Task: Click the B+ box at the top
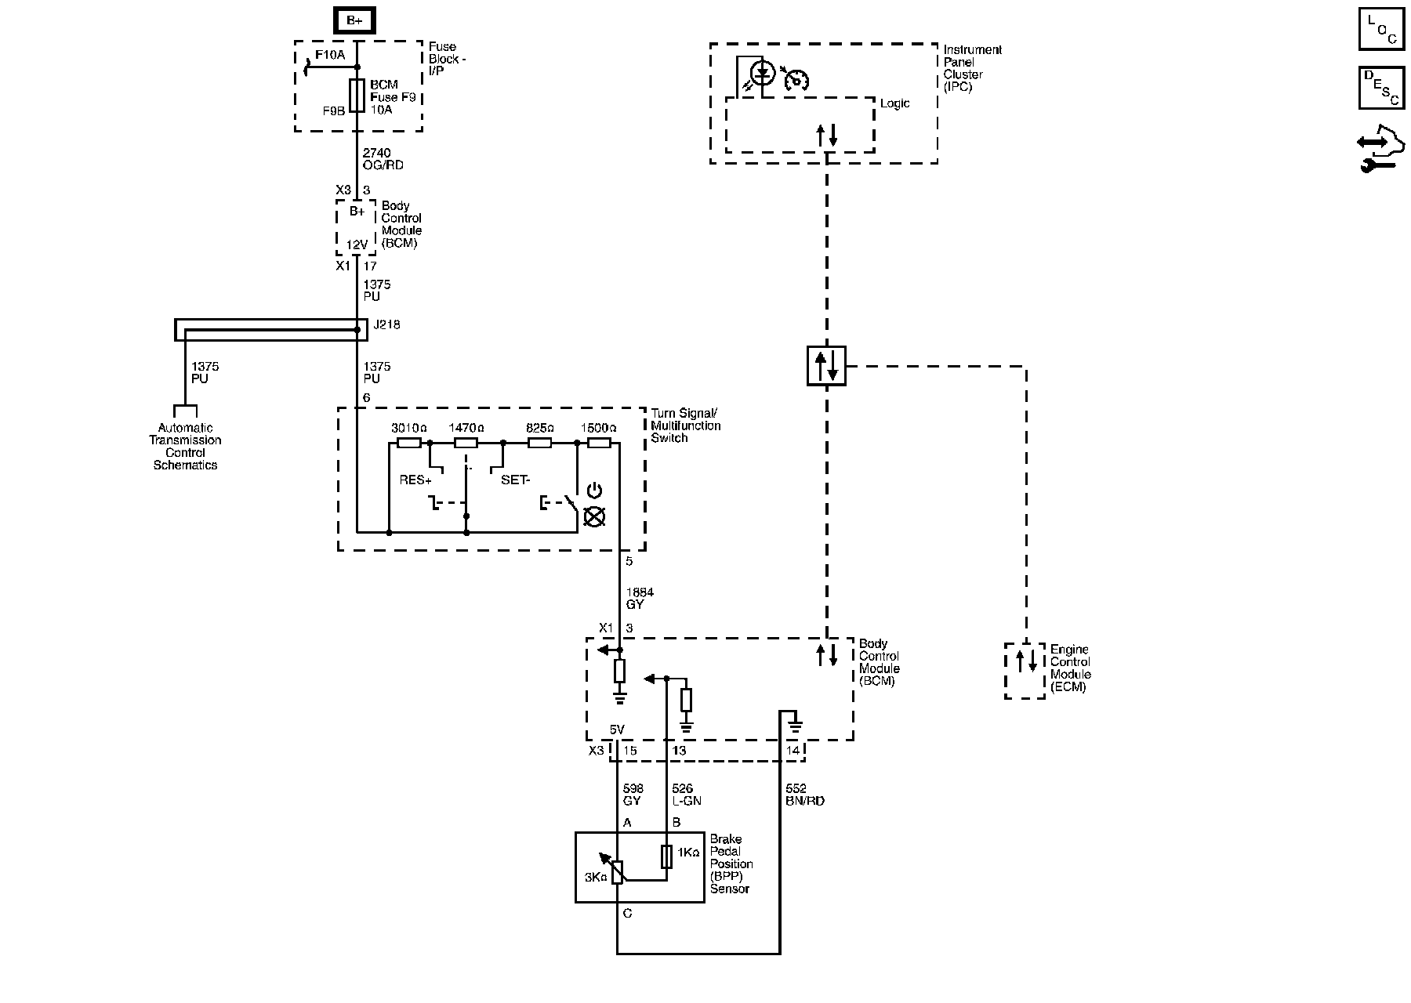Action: pyautogui.click(x=354, y=20)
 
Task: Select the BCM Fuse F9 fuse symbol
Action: pyautogui.click(x=357, y=96)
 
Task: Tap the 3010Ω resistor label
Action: pyautogui.click(x=408, y=429)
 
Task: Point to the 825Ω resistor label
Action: pyautogui.click(x=539, y=429)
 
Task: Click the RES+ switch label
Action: pyautogui.click(x=415, y=480)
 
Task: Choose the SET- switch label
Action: pyautogui.click(x=515, y=480)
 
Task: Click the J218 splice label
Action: pyautogui.click(x=386, y=324)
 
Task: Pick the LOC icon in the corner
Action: pyautogui.click(x=1381, y=29)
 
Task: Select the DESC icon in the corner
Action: pyautogui.click(x=1381, y=87)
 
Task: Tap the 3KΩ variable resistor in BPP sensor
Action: pyautogui.click(x=618, y=872)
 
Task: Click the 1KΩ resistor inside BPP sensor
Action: pyautogui.click(x=666, y=856)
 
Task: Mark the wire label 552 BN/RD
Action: pyautogui.click(x=804, y=795)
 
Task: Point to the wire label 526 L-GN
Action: pyautogui.click(x=687, y=795)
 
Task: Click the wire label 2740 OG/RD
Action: pyautogui.click(x=383, y=159)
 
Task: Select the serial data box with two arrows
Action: pyautogui.click(x=826, y=366)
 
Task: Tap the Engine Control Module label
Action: pyautogui.click(x=1070, y=668)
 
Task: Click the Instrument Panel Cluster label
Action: pyautogui.click(x=972, y=68)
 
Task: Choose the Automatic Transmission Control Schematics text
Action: pyautogui.click(x=186, y=447)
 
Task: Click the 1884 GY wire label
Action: pyautogui.click(x=639, y=599)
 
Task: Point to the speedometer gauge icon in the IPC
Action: pyautogui.click(x=796, y=79)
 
